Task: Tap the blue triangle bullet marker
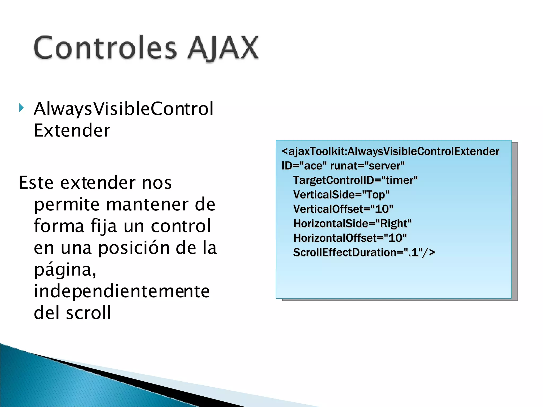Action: tap(21, 108)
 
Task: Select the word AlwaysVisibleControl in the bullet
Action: tap(124, 109)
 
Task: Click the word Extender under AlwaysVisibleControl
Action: tap(72, 130)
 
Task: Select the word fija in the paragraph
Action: tap(104, 226)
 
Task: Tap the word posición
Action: tap(134, 248)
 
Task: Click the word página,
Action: tap(65, 270)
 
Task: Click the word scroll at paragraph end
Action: tap(88, 313)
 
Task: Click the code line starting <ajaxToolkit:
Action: tap(390, 151)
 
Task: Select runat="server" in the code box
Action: tap(367, 166)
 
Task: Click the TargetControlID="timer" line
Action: tap(355, 180)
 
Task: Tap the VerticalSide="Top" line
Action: tap(341, 195)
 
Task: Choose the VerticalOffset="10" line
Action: tap(343, 209)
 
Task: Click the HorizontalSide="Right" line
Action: tap(352, 224)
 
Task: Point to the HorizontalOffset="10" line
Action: tap(350, 238)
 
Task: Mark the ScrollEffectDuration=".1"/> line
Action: tap(364, 253)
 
